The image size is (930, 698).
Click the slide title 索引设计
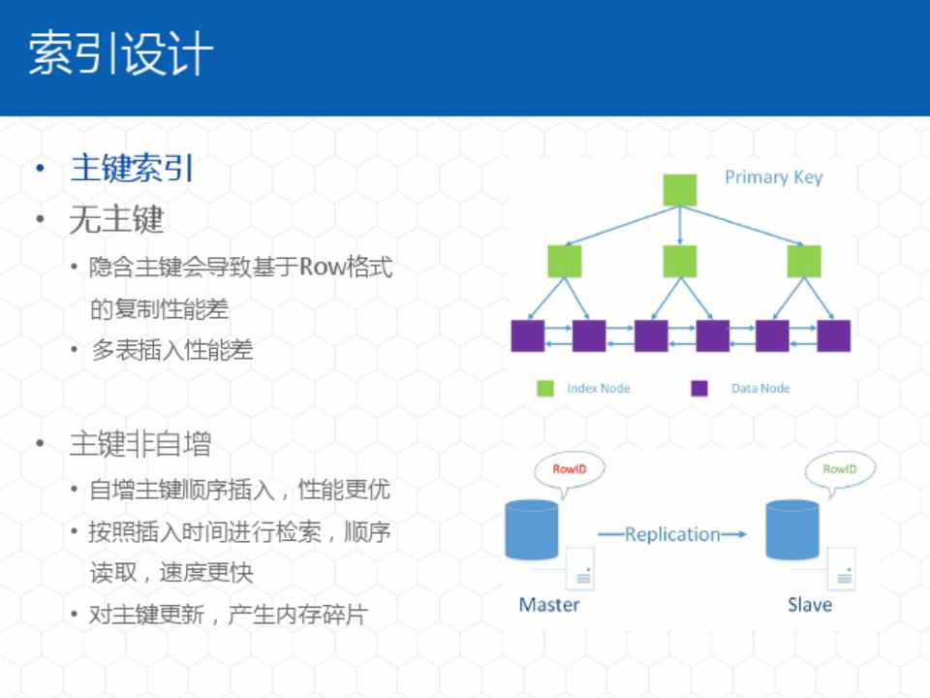tap(120, 54)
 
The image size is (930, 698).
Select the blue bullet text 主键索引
tap(132, 169)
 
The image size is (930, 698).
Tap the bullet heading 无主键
tap(116, 220)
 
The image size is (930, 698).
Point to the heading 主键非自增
tap(139, 445)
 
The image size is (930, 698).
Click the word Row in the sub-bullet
tap(316, 267)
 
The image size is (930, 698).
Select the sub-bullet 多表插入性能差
tap(171, 350)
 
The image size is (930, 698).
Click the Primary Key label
tap(773, 177)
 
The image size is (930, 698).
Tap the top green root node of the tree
tap(679, 190)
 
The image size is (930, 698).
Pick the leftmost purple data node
tap(528, 335)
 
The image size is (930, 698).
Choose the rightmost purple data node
tap(833, 335)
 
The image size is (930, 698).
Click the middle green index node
tap(679, 262)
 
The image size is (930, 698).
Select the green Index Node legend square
tap(545, 389)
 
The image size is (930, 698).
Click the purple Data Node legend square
tap(699, 389)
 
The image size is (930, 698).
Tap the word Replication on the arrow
tap(672, 534)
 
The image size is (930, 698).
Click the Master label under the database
tap(548, 605)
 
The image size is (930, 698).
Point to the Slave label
tap(809, 605)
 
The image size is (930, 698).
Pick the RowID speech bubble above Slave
tap(840, 470)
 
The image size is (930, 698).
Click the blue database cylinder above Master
tap(532, 528)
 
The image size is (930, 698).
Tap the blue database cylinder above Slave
tap(791, 528)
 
